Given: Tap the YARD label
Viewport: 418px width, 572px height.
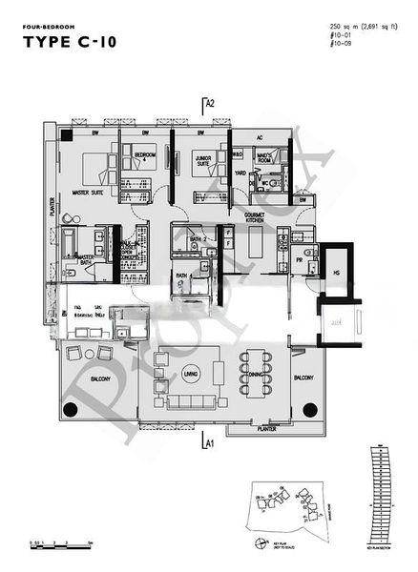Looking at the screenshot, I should pos(241,174).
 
